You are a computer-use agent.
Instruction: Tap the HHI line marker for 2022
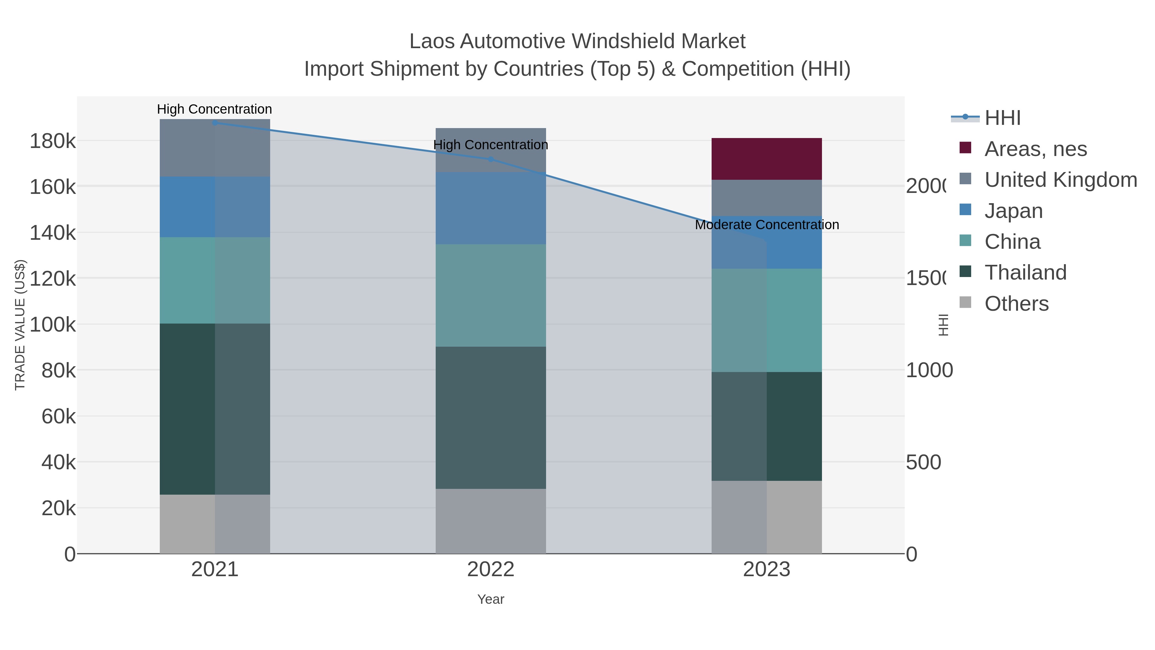coord(491,159)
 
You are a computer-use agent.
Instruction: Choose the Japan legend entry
coord(1013,211)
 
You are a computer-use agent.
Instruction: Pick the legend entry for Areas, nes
coord(1035,149)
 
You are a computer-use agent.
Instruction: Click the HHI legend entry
coord(1003,118)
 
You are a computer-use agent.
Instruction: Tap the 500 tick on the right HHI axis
coord(923,463)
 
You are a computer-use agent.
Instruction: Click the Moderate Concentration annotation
coord(767,225)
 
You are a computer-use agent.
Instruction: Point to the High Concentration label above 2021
coord(214,109)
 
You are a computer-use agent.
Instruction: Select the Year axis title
coord(491,599)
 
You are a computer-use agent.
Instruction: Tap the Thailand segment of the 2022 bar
coord(491,417)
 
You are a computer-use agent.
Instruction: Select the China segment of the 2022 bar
coord(491,295)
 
